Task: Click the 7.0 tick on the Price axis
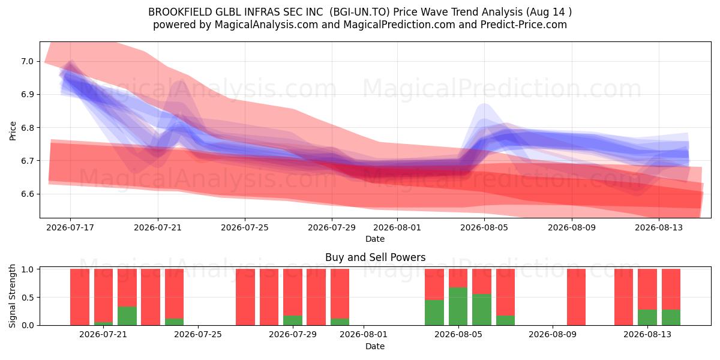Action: pos(28,61)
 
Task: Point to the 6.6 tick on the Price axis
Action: pos(28,194)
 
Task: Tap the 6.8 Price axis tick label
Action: pos(28,128)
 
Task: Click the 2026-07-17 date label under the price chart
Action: pos(70,227)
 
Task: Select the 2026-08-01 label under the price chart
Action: pos(397,227)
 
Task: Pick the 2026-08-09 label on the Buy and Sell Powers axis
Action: pos(553,335)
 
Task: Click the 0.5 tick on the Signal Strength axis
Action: pos(28,298)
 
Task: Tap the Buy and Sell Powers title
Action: pos(375,257)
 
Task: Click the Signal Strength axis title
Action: pos(12,296)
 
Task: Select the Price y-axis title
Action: pos(13,131)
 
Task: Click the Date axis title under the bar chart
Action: pos(375,346)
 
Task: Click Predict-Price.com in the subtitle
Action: pos(524,25)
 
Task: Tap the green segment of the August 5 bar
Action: pos(458,307)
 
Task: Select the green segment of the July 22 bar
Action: pos(127,316)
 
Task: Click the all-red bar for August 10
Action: pos(577,297)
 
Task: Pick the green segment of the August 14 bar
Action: pos(671,317)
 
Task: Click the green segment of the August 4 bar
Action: pos(434,313)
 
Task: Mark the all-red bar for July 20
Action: pos(80,297)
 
